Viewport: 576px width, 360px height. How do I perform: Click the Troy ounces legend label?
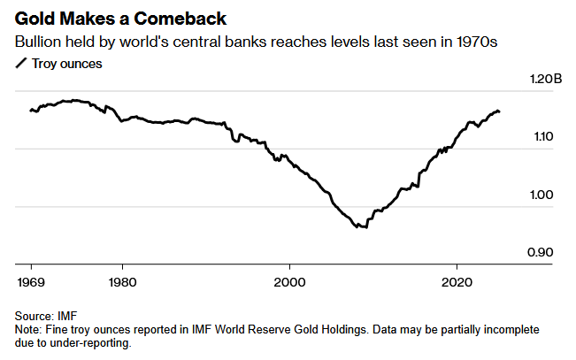(66, 64)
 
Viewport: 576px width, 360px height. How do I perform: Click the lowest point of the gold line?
(361, 228)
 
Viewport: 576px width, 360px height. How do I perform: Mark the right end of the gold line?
(500, 111)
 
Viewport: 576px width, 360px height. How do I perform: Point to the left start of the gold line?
(30, 111)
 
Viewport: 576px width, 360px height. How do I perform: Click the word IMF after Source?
(65, 316)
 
